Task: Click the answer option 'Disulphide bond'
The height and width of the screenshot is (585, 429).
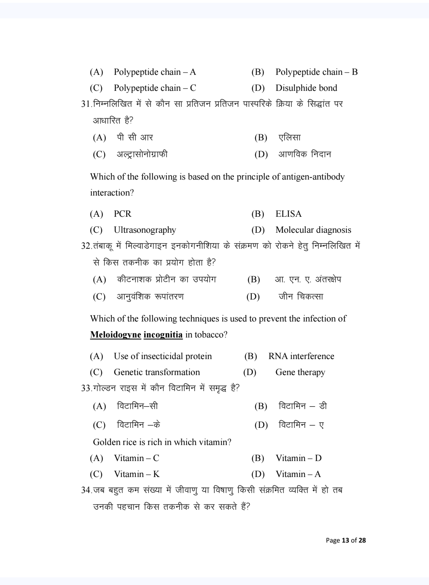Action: pos(306,88)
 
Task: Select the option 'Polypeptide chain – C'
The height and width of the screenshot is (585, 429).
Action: pos(155,88)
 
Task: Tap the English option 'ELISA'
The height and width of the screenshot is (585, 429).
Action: pos(288,214)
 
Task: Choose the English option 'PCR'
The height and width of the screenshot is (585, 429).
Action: pos(123,214)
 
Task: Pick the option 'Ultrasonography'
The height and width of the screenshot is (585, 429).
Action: pos(145,230)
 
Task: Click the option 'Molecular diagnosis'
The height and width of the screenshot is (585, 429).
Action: pos(313,230)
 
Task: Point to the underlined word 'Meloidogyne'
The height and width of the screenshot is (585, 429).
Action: pos(115,335)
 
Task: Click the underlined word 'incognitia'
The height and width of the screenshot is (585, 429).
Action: pos(163,335)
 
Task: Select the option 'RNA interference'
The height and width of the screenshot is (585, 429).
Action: pos(301,356)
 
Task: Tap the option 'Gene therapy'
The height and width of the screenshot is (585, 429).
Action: pos(300,372)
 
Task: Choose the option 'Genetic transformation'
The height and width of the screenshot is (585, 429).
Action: pos(157,372)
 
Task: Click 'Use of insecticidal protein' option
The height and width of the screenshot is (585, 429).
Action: pos(163,356)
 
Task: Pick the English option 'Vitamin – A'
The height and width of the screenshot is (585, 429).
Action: pos(298,474)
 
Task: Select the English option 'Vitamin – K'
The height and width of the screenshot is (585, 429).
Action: pos(137,474)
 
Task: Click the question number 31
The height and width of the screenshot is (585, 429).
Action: pos(86,104)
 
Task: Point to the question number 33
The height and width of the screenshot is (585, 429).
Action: pos(86,388)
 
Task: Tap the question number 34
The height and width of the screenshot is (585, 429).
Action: pos(86,490)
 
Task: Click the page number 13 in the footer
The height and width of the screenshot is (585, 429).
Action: pos(345,541)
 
